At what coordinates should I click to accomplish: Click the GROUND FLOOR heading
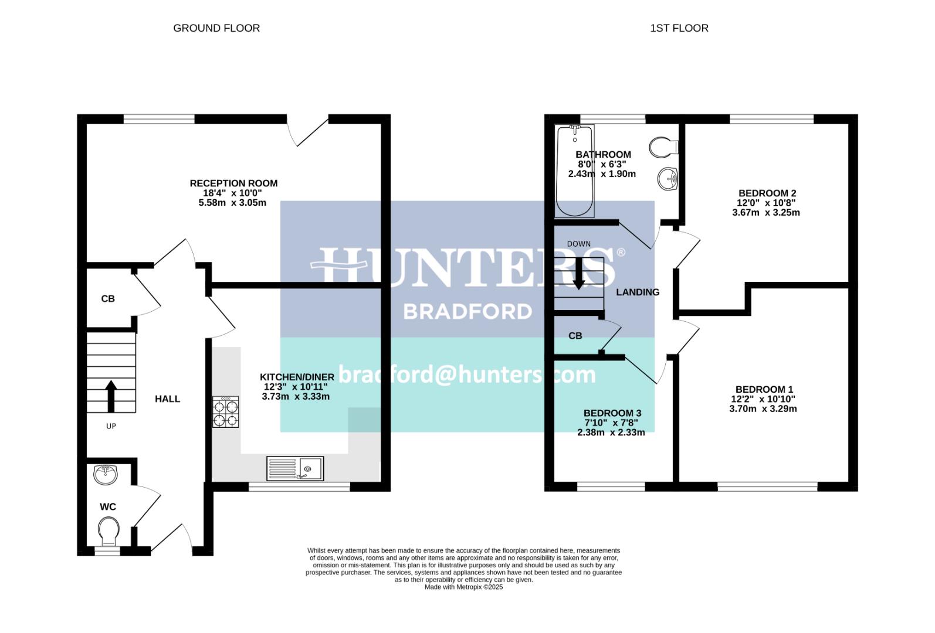(x=216, y=28)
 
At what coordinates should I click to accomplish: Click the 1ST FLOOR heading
(x=679, y=28)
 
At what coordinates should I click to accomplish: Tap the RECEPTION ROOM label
(x=233, y=183)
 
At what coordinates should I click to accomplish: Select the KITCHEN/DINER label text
(x=297, y=377)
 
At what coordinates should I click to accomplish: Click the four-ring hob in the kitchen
(x=226, y=413)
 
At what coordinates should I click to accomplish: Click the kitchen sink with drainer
(x=294, y=469)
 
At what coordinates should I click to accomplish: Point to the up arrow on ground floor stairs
(x=110, y=397)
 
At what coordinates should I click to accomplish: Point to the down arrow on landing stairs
(x=578, y=273)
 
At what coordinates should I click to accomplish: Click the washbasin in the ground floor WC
(x=106, y=475)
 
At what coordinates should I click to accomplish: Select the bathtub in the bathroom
(x=575, y=171)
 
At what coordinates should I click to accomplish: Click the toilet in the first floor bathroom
(x=664, y=147)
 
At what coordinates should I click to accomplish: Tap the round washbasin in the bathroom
(x=668, y=179)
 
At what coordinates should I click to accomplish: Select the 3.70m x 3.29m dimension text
(x=763, y=409)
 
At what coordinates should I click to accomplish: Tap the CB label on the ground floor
(x=108, y=299)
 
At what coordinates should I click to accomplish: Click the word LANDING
(x=638, y=292)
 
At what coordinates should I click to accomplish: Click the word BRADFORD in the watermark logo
(x=467, y=311)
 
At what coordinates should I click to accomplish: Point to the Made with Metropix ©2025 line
(x=463, y=587)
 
